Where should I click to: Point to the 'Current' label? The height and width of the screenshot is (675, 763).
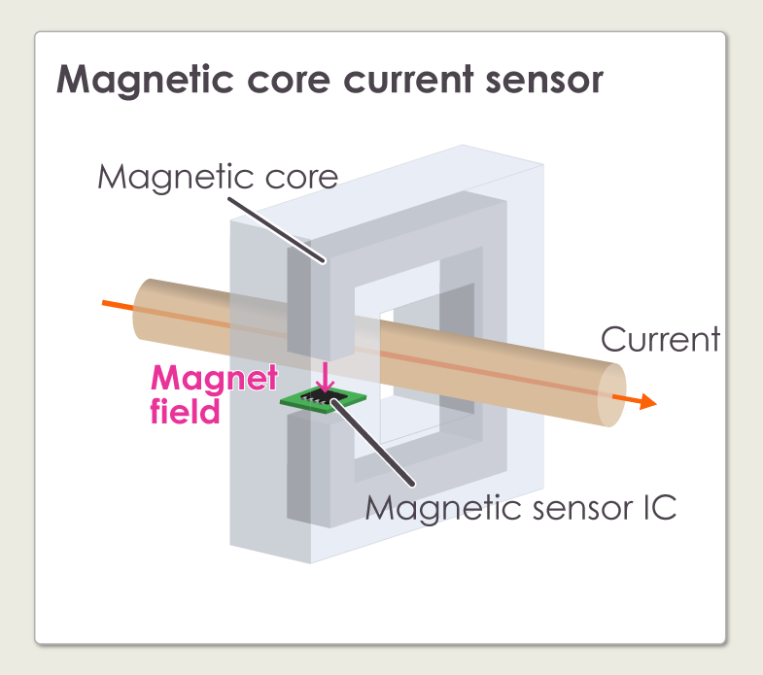tap(660, 339)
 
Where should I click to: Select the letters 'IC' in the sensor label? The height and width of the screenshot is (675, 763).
tap(658, 507)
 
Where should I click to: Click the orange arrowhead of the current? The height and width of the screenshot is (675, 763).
tap(646, 402)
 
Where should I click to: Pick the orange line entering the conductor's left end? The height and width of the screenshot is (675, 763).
tap(117, 305)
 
